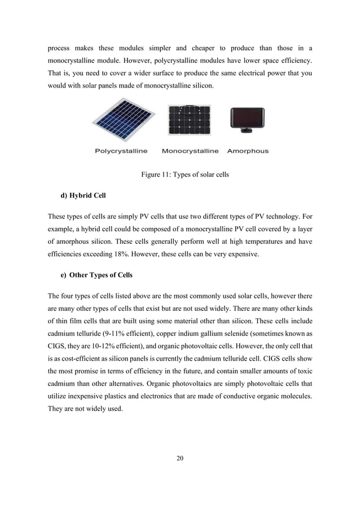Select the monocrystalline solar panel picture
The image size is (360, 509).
point(189,120)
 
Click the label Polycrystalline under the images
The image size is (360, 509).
point(121,151)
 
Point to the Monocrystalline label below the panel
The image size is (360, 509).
point(190,151)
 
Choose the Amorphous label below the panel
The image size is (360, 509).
point(248,151)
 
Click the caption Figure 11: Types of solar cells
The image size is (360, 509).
point(185,175)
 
